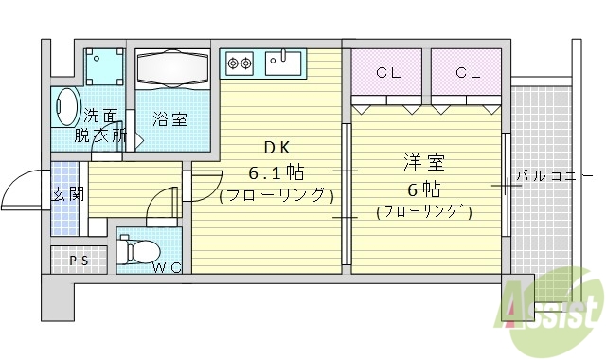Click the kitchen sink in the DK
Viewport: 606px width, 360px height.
coord(283,63)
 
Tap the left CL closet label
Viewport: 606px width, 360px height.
coord(386,72)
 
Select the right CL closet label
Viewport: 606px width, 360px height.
coord(465,72)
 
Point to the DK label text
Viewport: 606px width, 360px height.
coord(276,148)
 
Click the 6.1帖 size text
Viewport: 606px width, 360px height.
coord(276,172)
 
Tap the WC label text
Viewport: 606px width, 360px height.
coord(168,268)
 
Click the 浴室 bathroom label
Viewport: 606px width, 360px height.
coord(170,118)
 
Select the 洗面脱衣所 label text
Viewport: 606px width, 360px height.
coord(102,125)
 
